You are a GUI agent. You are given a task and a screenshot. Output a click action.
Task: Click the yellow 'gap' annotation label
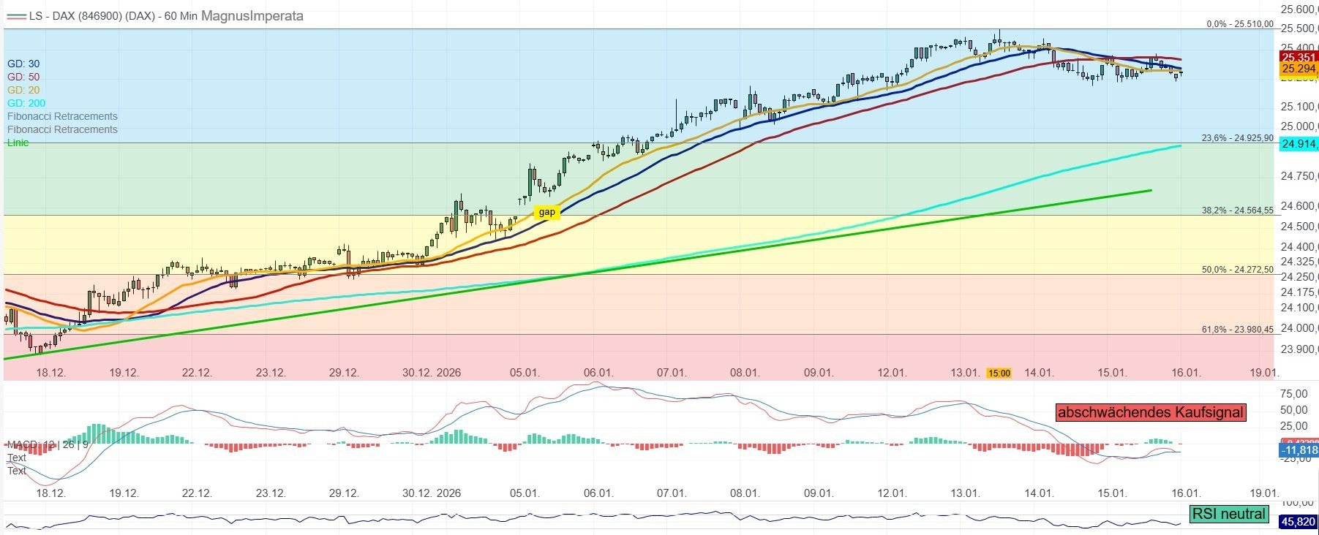[546, 213]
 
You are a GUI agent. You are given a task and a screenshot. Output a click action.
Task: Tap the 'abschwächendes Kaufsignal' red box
[1151, 412]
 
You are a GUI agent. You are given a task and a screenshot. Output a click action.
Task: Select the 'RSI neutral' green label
[1228, 514]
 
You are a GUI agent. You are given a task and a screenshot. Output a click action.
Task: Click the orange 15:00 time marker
[999, 373]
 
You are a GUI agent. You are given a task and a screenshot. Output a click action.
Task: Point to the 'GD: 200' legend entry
[26, 103]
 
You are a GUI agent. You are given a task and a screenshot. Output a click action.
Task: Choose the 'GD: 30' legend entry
[23, 64]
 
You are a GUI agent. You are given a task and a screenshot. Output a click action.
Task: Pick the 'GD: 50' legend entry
[23, 77]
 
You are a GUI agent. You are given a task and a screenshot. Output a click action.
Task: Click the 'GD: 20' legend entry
[23, 90]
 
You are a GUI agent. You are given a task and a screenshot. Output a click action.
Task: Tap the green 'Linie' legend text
[18, 143]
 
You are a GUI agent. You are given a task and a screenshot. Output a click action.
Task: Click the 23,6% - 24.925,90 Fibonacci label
[1237, 138]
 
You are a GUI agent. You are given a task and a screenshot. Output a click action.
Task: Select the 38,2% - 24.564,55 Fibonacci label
[1237, 210]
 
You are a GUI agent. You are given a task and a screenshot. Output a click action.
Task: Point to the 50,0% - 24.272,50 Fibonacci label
[1237, 270]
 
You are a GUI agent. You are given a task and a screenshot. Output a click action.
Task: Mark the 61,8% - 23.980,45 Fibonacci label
[1237, 330]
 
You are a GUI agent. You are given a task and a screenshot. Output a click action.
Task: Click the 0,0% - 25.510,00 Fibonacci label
[1239, 24]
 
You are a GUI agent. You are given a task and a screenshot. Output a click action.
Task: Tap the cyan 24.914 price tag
[1299, 144]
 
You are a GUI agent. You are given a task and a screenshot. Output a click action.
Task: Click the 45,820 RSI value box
[1298, 522]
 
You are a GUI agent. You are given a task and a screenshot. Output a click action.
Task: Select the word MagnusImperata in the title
[252, 15]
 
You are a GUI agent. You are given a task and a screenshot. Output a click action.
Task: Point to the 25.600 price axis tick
[1298, 10]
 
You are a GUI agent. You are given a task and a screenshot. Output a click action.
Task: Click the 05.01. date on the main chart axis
[525, 373]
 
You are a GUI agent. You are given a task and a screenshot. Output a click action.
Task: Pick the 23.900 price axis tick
[1298, 349]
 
